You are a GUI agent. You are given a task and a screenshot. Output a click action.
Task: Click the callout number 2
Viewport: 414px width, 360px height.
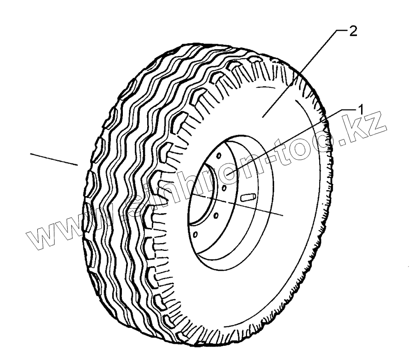coord(352,32)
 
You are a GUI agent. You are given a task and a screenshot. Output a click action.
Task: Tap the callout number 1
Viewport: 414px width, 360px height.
coord(361,109)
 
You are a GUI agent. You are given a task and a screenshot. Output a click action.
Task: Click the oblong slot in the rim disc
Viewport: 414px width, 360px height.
coord(248,197)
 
